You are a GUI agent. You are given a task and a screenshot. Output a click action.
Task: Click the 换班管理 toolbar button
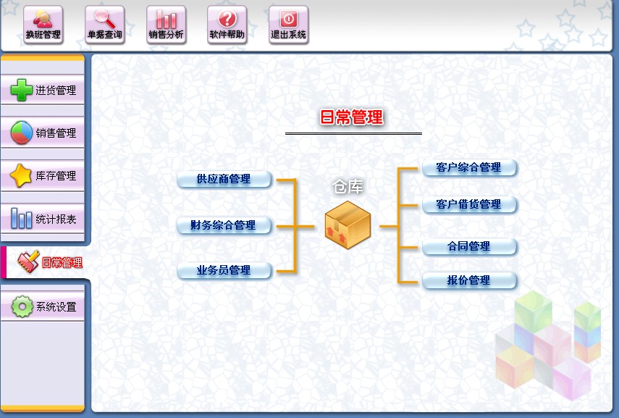click(x=43, y=25)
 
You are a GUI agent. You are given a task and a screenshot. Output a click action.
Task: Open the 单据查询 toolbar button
click(x=104, y=25)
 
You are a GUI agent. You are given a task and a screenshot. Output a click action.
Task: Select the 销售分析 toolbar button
click(x=166, y=25)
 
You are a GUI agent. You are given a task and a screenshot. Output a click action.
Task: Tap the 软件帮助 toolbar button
click(x=227, y=25)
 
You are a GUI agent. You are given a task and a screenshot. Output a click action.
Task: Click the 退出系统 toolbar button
click(x=288, y=25)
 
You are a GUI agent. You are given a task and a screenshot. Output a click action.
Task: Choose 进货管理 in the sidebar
click(x=43, y=91)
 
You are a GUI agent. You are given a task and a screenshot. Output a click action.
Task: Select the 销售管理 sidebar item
click(x=43, y=133)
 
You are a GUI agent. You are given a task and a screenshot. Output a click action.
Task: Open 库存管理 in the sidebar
click(x=43, y=176)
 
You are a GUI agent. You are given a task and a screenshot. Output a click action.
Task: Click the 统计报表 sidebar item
click(x=43, y=219)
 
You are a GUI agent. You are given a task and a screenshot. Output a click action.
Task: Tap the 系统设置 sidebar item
click(x=43, y=306)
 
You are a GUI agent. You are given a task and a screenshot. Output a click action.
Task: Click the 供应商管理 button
click(x=224, y=179)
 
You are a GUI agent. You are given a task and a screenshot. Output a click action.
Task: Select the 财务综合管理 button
click(x=224, y=225)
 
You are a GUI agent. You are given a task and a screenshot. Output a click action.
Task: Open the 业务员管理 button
click(x=224, y=271)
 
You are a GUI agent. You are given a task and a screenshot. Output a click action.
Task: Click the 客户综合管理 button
click(x=469, y=167)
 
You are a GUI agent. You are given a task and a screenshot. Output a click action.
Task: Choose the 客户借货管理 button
click(x=469, y=204)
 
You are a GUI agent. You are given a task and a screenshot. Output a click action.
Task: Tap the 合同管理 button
click(x=469, y=246)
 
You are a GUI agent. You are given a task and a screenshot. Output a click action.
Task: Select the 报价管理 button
click(x=469, y=280)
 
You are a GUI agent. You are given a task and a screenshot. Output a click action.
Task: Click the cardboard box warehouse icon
click(x=348, y=222)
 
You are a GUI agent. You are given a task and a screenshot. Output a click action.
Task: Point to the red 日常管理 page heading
click(x=352, y=117)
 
